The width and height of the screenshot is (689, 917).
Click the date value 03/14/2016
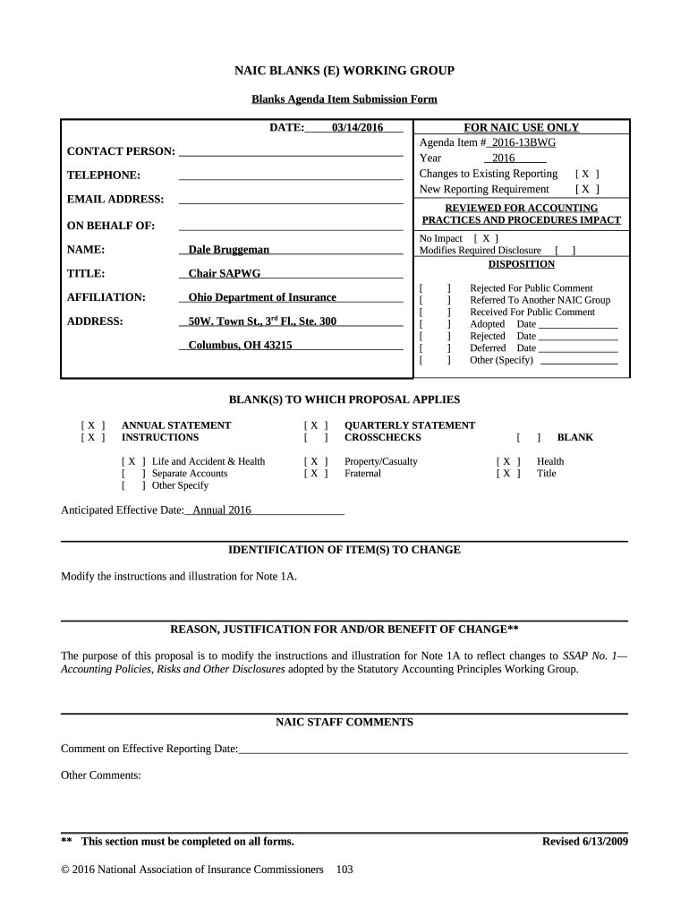pyautogui.click(x=357, y=128)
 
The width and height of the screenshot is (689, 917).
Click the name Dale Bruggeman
pyautogui.click(x=228, y=250)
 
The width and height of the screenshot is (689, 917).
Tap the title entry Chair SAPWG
pyautogui.click(x=224, y=273)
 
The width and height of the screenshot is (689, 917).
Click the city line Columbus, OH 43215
pyautogui.click(x=240, y=345)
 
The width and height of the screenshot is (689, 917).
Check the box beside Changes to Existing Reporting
pyautogui.click(x=587, y=174)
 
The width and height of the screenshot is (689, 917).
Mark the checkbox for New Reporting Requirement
pyautogui.click(x=587, y=189)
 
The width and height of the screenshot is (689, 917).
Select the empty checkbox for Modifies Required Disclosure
pyautogui.click(x=565, y=251)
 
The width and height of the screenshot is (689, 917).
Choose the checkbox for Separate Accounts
pyautogui.click(x=132, y=474)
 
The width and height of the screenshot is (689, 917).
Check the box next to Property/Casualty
pyautogui.click(x=316, y=462)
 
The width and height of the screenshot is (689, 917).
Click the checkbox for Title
pyautogui.click(x=508, y=474)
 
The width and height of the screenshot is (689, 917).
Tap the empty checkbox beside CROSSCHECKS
pyautogui.click(x=316, y=438)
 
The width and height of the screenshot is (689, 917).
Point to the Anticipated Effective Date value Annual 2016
pyautogui.click(x=216, y=510)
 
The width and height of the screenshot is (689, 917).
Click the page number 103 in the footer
pyautogui.click(x=344, y=870)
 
